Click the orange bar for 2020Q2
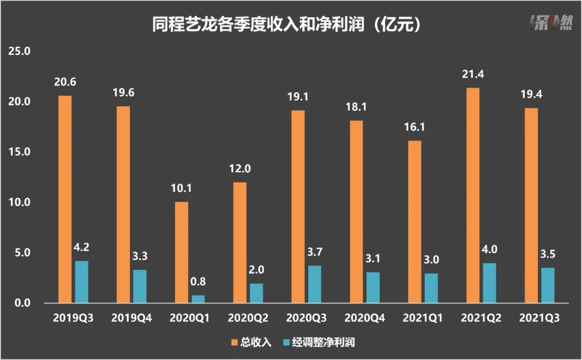click(x=240, y=243)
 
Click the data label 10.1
click(x=181, y=189)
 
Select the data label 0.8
click(x=198, y=281)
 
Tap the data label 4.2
click(x=81, y=249)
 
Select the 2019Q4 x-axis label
click(x=131, y=319)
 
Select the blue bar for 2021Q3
click(x=548, y=285)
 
